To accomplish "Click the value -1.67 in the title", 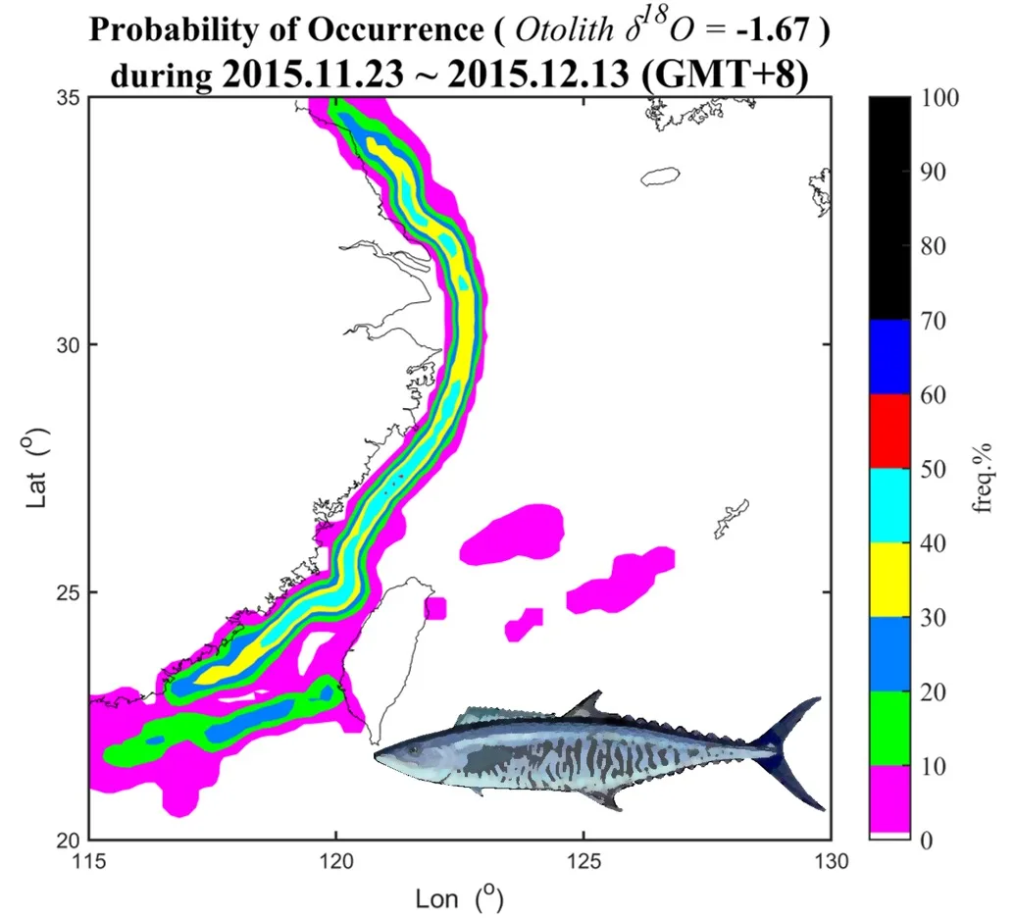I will click(782, 30).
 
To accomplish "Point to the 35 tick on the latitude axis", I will click(71, 98).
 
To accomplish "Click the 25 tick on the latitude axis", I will click(71, 592).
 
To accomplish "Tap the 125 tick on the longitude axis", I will click(584, 861).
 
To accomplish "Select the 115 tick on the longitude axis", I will click(89, 861).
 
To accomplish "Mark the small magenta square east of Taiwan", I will click(434, 608).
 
